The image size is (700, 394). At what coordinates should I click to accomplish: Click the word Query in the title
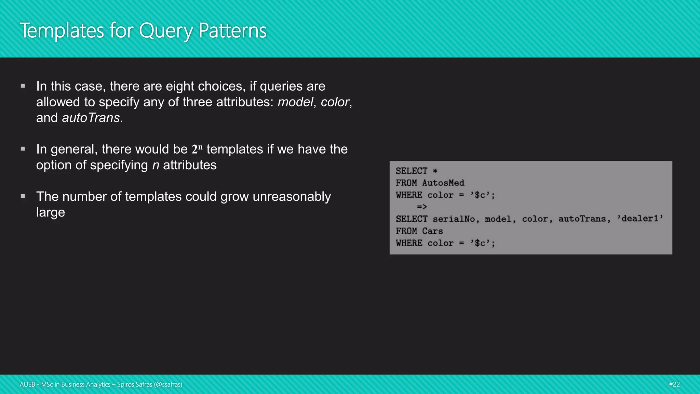pos(166,31)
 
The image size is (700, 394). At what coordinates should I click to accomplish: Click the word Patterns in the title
pos(232,31)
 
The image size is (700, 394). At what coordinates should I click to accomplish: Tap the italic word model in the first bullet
pos(295,102)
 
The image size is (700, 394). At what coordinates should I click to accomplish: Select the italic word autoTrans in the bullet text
pos(91,118)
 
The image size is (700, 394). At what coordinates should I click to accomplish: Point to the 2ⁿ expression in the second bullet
pos(197,149)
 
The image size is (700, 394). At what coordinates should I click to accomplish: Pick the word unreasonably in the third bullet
pos(292,197)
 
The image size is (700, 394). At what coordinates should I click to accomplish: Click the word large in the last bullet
pos(51,212)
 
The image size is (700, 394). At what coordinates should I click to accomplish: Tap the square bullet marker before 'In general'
pos(23,149)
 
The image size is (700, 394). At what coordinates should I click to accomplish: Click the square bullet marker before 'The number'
pos(23,196)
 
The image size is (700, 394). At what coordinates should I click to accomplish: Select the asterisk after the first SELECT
pos(435,171)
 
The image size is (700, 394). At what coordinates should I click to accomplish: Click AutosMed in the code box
pos(443,183)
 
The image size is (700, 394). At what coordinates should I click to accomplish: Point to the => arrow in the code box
pos(422,207)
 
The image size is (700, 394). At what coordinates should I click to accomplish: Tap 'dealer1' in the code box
pos(640,219)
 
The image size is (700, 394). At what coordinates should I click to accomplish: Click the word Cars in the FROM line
pos(432,231)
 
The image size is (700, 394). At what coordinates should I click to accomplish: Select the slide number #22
pos(674,384)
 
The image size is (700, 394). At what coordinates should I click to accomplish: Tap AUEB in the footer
pos(27,384)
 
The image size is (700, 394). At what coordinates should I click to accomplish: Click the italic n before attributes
pos(156,166)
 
